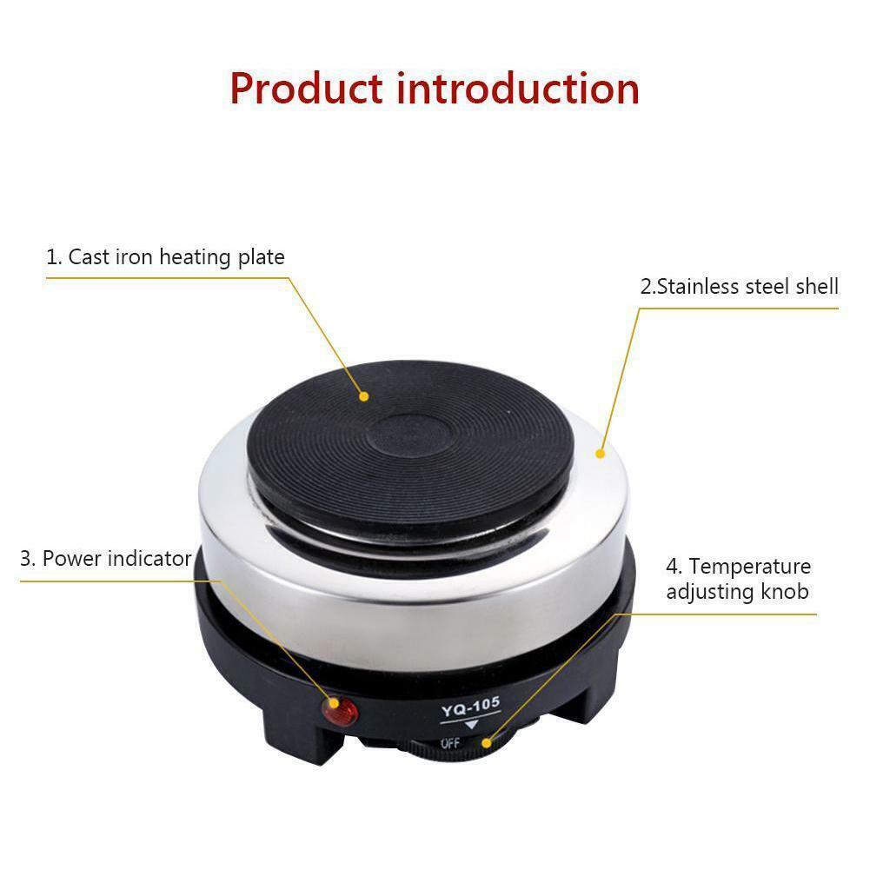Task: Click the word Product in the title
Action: pos(306,90)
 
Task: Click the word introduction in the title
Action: pos(518,88)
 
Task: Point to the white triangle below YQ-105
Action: pos(472,726)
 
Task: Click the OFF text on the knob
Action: pos(450,744)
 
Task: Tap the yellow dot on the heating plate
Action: pos(364,396)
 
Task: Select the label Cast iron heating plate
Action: pos(165,257)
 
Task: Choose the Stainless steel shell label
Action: pos(740,287)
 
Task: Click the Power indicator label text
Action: pos(116,558)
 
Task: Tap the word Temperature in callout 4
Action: pos(750,567)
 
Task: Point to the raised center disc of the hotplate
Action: pos(409,434)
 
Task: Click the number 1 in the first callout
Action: pos(52,257)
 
